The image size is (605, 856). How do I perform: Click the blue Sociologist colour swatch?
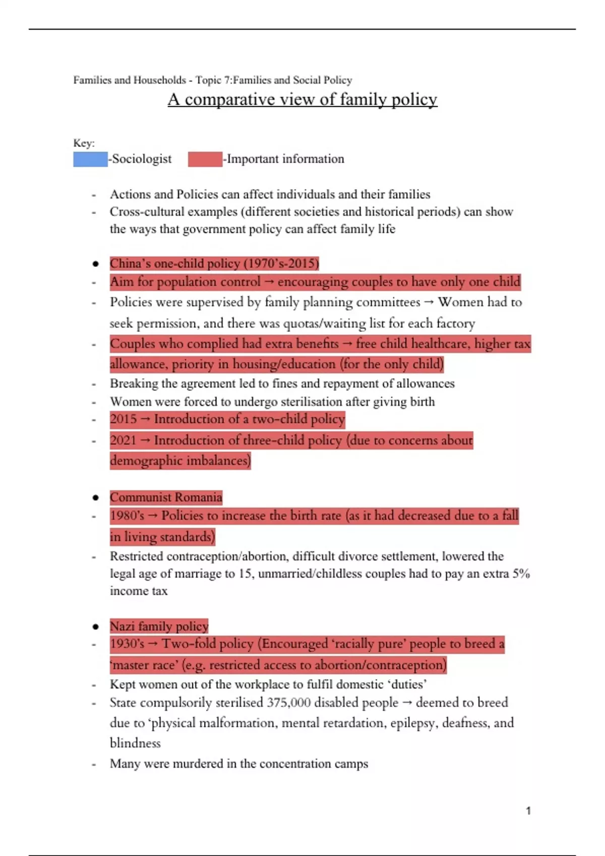(x=90, y=159)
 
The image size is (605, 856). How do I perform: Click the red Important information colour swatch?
(x=205, y=159)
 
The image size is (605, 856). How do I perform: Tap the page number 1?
(x=528, y=811)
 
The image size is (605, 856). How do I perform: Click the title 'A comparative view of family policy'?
(x=302, y=99)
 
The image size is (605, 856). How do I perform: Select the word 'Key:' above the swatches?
(x=84, y=143)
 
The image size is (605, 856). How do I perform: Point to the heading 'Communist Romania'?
(x=166, y=497)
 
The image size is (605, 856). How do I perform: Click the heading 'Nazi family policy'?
(x=159, y=626)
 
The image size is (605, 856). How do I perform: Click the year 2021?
(x=123, y=440)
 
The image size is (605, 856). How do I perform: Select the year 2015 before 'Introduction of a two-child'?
(x=123, y=419)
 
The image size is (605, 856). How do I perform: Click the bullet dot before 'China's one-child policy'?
(x=95, y=264)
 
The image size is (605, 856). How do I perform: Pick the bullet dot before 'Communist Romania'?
(x=95, y=498)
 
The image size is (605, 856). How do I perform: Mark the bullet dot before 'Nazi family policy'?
(x=95, y=626)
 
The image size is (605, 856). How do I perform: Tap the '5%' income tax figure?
(x=521, y=574)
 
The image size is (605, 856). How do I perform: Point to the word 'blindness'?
(x=135, y=743)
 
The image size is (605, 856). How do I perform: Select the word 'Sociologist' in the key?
(x=142, y=159)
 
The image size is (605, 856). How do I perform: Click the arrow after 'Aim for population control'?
(x=269, y=282)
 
